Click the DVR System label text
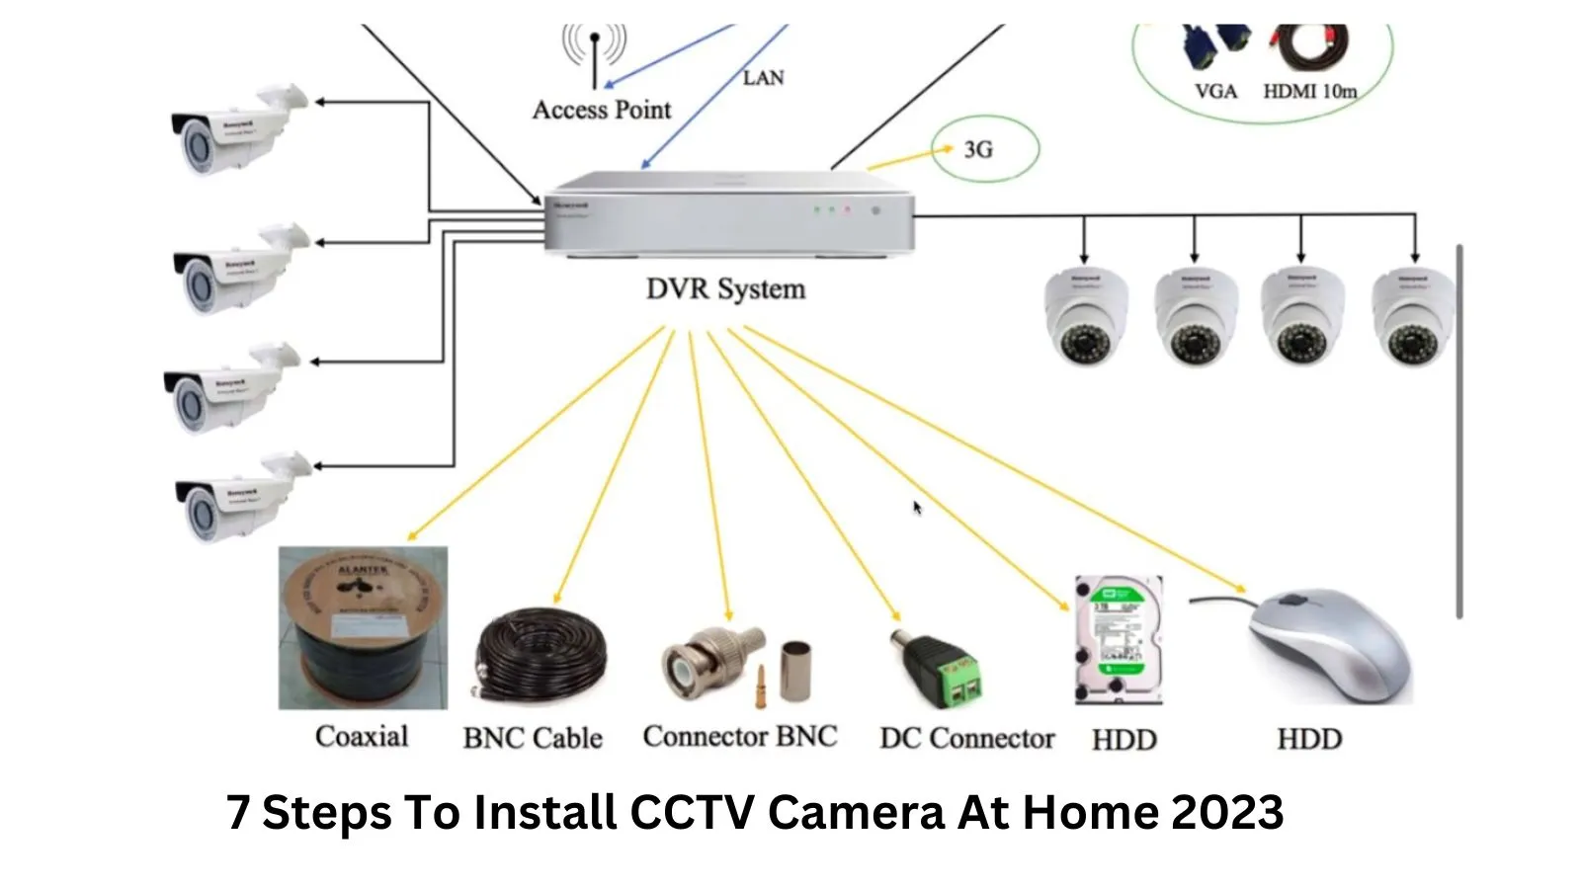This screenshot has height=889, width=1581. (x=725, y=289)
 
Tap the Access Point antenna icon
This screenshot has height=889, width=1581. (x=594, y=54)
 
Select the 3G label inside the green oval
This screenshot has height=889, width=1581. (x=978, y=149)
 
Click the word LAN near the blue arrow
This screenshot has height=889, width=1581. (x=763, y=77)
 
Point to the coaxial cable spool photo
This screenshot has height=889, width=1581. (x=363, y=627)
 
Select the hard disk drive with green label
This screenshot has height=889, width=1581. (x=1119, y=640)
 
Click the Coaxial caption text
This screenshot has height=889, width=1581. (x=362, y=736)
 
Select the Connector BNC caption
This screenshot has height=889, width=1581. (x=739, y=736)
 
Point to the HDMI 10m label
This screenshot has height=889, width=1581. (x=1309, y=91)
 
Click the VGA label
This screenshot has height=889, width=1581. (x=1215, y=91)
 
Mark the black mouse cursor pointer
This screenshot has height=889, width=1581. (x=917, y=508)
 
